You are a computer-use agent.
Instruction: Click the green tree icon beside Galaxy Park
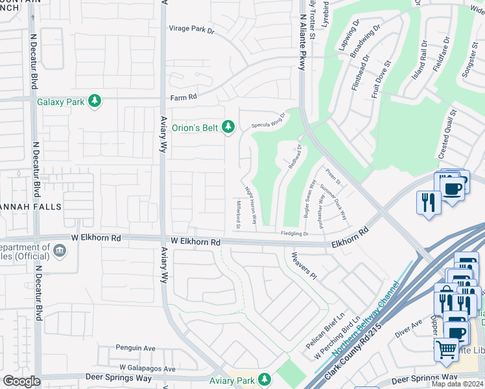coord(95,100)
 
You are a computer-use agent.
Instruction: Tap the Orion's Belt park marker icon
coord(228,127)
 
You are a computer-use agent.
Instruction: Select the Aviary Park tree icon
coord(264,379)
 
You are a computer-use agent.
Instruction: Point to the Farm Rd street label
coord(183,97)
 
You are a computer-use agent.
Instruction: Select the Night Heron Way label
coord(251,206)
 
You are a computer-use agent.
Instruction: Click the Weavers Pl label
coord(303,266)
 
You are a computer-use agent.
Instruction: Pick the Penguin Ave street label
coord(136,348)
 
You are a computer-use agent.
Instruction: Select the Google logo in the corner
coord(21,382)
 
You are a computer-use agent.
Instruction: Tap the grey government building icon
coord(60,249)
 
